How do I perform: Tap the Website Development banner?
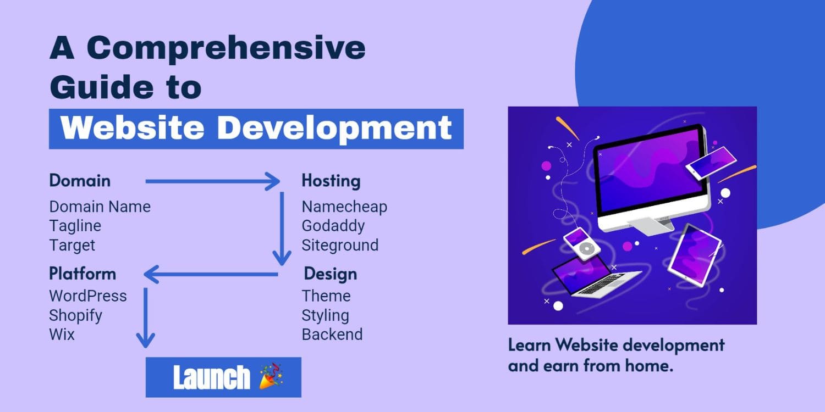(256, 129)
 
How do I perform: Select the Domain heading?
(80, 181)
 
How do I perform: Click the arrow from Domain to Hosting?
(212, 181)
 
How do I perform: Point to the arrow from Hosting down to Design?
(282, 229)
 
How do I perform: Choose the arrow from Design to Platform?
(211, 274)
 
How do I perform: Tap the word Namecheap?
(344, 207)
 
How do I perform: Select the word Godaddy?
(333, 226)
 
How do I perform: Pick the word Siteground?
(340, 245)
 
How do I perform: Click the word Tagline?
(75, 226)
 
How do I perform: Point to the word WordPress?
(88, 296)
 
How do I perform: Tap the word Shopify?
(76, 316)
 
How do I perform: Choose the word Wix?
(62, 335)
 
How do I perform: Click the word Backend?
(332, 335)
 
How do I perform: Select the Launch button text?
(211, 377)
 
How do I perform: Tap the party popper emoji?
(272, 376)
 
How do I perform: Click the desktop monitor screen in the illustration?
(651, 170)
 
